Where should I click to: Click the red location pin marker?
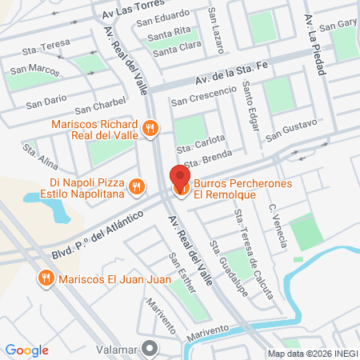(180, 178)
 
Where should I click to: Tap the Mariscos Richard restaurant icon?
(149, 128)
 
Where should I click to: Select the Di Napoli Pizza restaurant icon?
(138, 186)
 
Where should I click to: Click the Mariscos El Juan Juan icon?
(45, 278)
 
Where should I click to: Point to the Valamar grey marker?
(149, 348)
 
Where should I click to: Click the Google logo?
(26, 350)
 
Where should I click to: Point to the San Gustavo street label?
(291, 129)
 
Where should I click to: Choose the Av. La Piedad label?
(315, 44)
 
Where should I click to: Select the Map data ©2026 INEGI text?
(311, 354)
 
